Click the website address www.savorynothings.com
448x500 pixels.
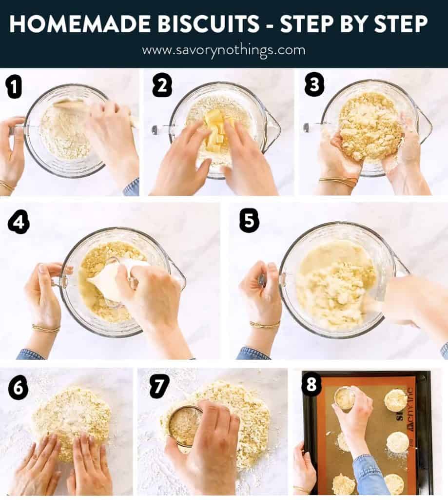pyautogui.click(x=224, y=50)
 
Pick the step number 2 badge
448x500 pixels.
pyautogui.click(x=162, y=86)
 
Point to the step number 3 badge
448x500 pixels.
pyautogui.click(x=314, y=86)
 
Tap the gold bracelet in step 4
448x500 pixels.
pyautogui.click(x=46, y=328)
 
